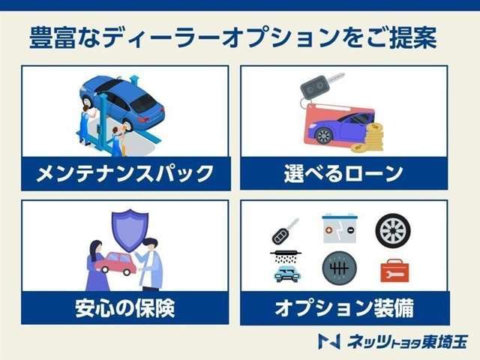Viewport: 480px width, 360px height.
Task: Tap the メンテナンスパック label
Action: coord(125,174)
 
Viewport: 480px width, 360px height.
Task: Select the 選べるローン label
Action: coord(344,174)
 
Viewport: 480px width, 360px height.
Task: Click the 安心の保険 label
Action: coord(125,307)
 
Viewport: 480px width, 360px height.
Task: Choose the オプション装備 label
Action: coord(344,307)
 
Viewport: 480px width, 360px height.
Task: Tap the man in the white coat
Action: coord(150,264)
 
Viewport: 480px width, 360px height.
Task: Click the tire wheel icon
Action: coord(392,230)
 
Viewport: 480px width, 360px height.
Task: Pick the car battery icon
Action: coord(339,229)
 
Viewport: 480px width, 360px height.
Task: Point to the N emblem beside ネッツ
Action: coord(329,340)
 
